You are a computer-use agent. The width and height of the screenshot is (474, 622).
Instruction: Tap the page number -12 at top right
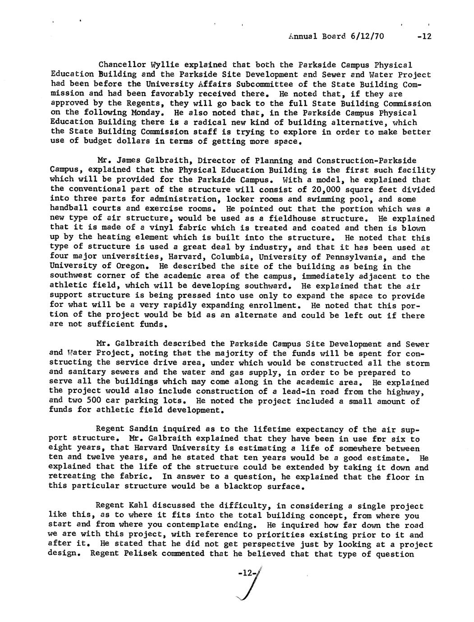[425, 37]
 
